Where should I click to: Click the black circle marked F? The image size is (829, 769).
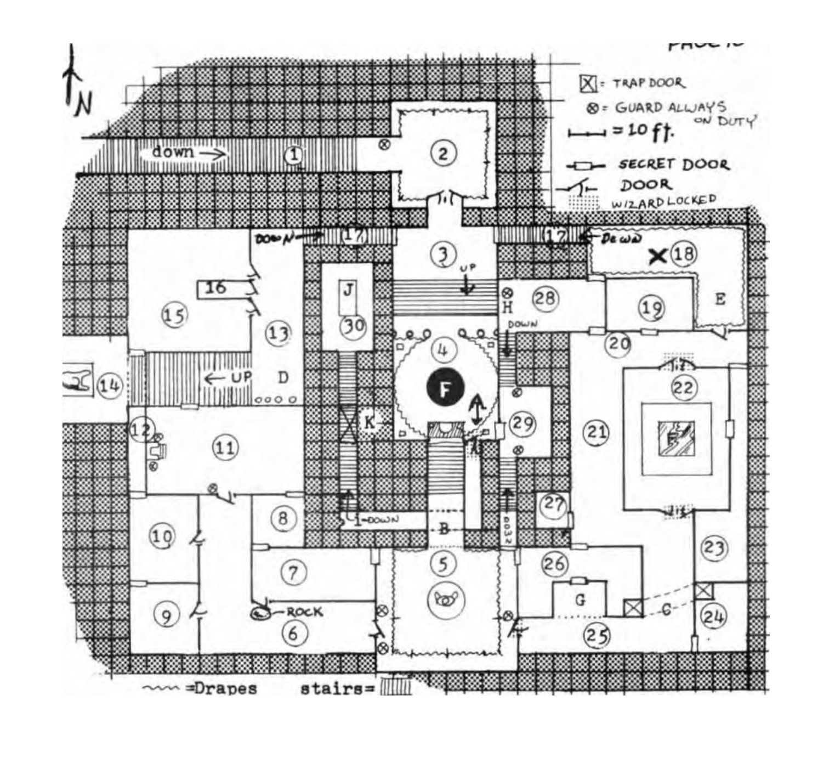point(445,388)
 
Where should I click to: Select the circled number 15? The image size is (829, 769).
point(174,315)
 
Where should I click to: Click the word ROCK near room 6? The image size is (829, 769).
point(304,612)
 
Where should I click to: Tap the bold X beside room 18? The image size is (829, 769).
point(657,256)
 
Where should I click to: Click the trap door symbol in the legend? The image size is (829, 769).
point(588,84)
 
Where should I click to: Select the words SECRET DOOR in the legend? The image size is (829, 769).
point(674,165)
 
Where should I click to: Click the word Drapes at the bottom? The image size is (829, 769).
point(225,688)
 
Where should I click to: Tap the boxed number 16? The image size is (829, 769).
point(216,287)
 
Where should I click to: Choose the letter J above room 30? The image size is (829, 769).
point(348,290)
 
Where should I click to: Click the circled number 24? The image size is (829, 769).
point(713,617)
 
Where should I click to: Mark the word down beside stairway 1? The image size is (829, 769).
point(173,152)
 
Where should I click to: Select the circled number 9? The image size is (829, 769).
point(166,616)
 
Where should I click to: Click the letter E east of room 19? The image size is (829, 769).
point(720,299)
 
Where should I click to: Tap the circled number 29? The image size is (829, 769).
point(522,423)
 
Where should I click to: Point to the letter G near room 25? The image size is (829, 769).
point(580,600)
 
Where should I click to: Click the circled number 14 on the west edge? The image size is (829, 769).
point(110,386)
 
